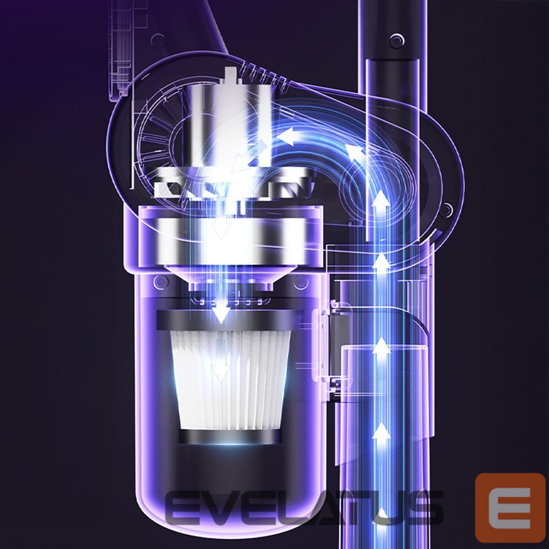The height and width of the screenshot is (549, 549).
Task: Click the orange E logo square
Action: [510, 507]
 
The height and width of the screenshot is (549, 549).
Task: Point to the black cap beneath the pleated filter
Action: [230, 436]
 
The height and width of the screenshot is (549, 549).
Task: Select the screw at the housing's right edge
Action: [445, 210]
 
